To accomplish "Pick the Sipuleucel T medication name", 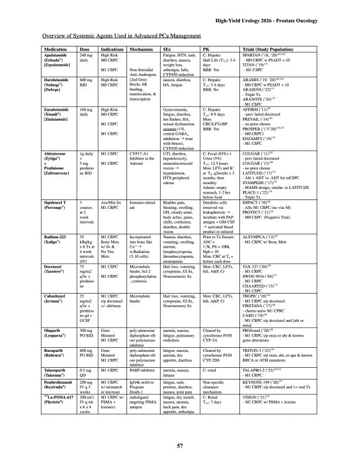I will coord(56,202).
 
